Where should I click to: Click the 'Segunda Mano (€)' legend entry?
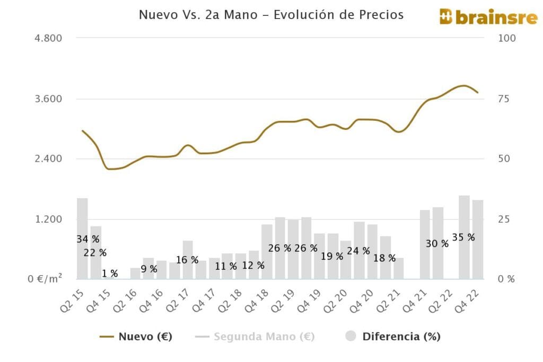255,336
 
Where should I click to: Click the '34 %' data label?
88,239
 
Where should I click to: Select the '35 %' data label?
463,237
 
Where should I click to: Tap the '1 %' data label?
110,273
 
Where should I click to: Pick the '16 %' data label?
187,260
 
